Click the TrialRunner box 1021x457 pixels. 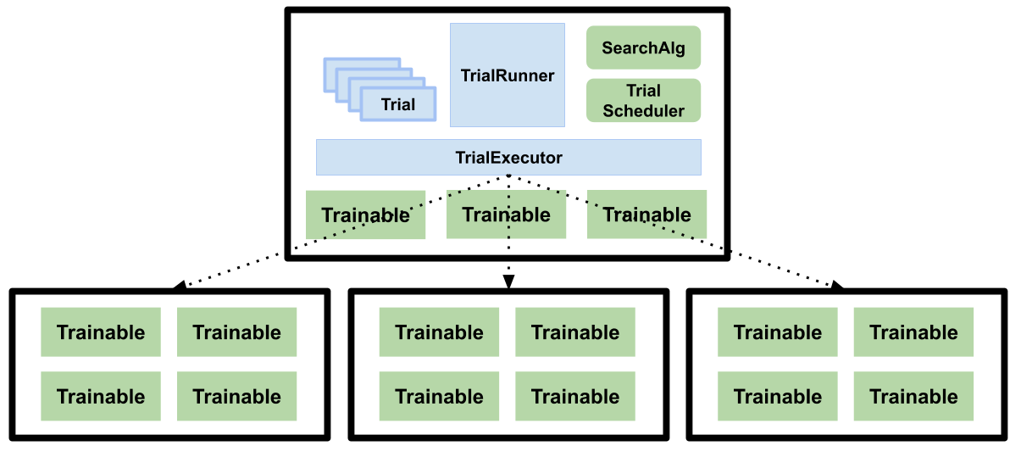click(507, 75)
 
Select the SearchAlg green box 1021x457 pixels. click(643, 47)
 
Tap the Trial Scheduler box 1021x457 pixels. click(643, 101)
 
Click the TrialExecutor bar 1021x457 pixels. click(508, 158)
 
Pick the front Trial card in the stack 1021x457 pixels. click(397, 104)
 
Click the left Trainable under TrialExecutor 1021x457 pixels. click(365, 215)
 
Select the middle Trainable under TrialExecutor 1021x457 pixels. click(506, 215)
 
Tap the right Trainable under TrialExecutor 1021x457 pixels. click(646, 215)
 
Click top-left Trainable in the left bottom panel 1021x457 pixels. click(101, 332)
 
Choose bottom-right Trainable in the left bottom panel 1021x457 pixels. click(236, 397)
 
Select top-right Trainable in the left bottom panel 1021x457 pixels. click(236, 332)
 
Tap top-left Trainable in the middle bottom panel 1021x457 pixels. click(439, 332)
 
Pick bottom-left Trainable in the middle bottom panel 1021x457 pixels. click(439, 397)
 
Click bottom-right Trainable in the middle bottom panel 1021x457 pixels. click(575, 397)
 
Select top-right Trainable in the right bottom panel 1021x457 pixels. click(913, 332)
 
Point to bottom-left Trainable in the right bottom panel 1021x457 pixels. click(778, 397)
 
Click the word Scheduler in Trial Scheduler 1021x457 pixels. click(643, 111)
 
